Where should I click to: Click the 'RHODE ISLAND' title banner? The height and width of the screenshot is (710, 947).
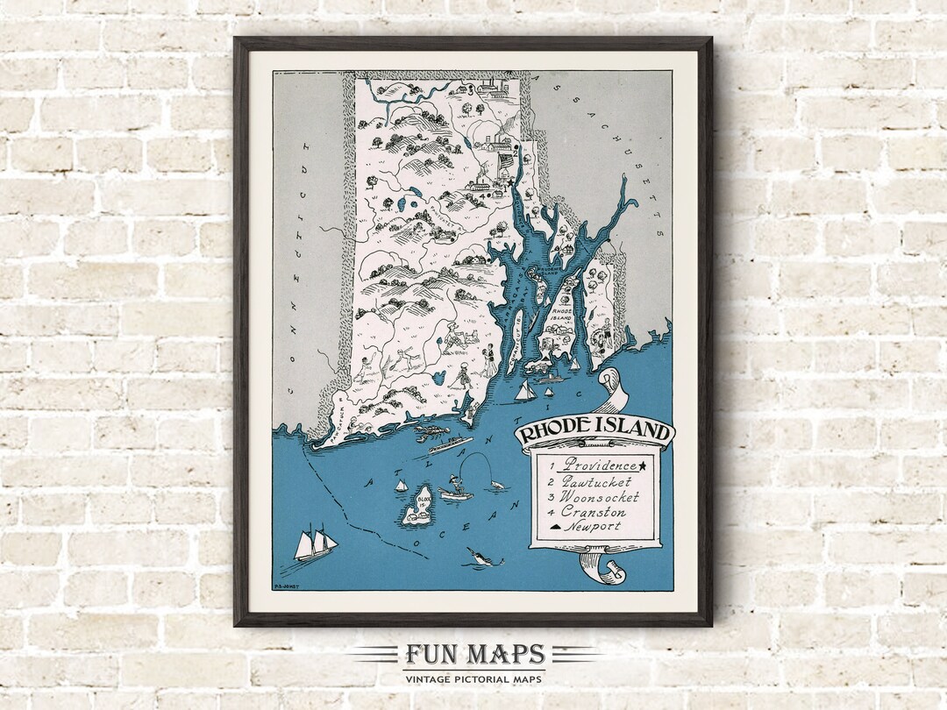(595, 433)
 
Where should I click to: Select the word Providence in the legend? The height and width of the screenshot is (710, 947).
(601, 465)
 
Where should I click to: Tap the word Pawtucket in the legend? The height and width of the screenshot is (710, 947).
(601, 480)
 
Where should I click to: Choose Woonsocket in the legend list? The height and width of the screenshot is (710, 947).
(606, 496)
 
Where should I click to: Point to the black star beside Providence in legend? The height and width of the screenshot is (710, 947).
(644, 465)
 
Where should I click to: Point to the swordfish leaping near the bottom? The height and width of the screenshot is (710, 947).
(481, 556)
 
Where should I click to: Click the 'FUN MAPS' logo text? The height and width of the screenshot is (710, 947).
(474, 655)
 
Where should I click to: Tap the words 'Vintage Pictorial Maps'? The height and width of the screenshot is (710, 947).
(473, 678)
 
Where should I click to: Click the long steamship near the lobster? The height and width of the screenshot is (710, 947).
(451, 444)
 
